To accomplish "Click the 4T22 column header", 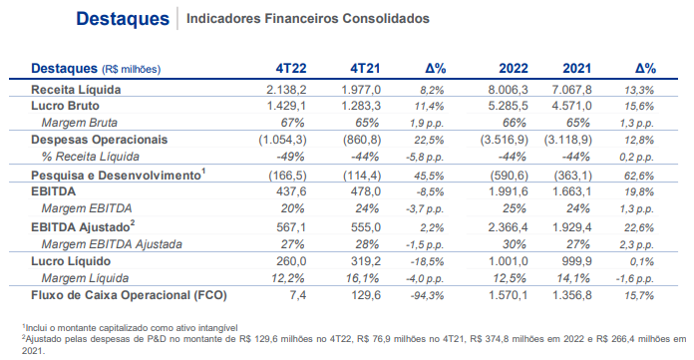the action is click(291, 69).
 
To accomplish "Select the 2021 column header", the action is click(576, 69).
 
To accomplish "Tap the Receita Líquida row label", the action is click(76, 90).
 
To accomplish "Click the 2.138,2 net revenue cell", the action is click(286, 90).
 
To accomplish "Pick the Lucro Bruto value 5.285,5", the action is click(509, 107).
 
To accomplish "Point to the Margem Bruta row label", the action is click(80, 123).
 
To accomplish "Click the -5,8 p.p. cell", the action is click(425, 158).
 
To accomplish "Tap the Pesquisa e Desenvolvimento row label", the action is click(119, 175).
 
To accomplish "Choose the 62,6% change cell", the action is click(639, 176).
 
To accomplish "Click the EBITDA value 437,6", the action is click(291, 191).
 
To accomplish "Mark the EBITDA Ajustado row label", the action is click(83, 226).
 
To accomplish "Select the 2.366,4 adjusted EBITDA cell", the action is click(509, 227).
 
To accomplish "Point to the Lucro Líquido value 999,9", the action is click(576, 261).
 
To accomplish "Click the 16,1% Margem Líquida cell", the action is click(362, 278).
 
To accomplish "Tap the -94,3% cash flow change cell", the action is click(427, 296).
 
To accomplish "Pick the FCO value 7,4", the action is click(298, 295).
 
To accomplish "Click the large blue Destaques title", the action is click(123, 19).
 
